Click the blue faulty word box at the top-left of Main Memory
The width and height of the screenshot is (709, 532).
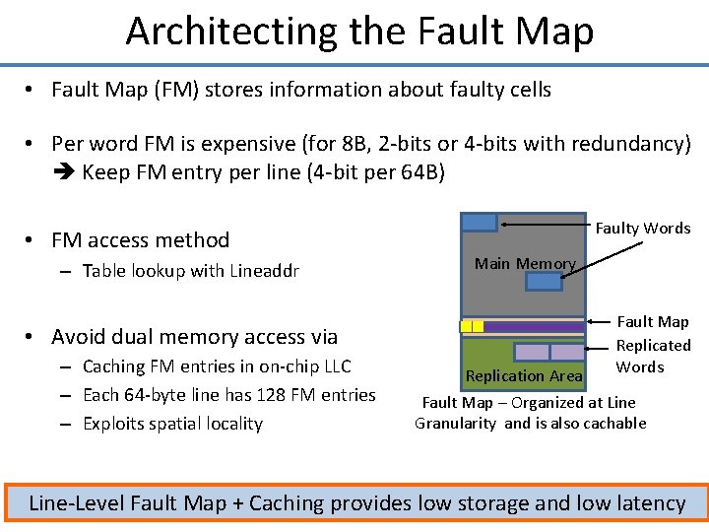[480, 222]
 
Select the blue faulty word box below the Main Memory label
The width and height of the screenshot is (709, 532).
[544, 282]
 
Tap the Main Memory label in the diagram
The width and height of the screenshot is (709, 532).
[524, 263]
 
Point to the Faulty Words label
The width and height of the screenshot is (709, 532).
[643, 228]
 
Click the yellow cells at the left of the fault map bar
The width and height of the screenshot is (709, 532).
[472, 326]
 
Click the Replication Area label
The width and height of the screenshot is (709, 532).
[523, 375]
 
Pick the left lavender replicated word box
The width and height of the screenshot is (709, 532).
[532, 352]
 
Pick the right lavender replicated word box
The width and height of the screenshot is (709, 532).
[566, 352]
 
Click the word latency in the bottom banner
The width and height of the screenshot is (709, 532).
[645, 503]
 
